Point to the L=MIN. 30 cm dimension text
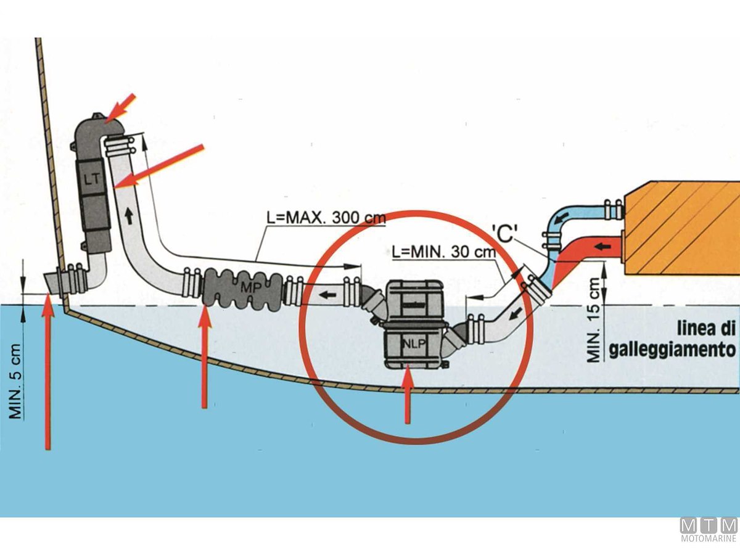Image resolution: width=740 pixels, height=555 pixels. [x=443, y=252]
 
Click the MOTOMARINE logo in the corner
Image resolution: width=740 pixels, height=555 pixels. [x=709, y=529]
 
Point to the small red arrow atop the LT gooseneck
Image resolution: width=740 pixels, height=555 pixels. [x=121, y=107]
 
